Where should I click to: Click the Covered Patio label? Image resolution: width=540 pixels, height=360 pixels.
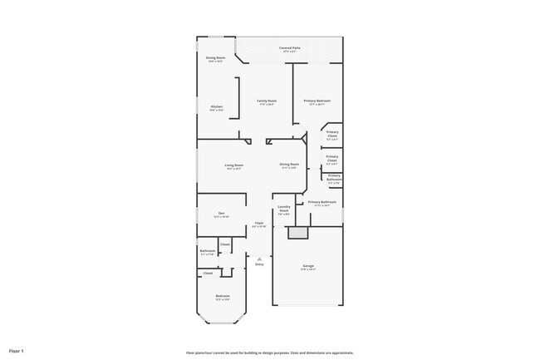pos(290,49)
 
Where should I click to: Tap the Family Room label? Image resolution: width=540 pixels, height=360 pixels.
pos(267,101)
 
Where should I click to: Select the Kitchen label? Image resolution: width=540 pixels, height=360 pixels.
pos(216,107)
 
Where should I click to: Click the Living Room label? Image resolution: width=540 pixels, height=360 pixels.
pos(233,165)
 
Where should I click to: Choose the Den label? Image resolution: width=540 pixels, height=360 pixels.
pos(221,214)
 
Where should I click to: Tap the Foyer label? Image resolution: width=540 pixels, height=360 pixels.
pos(259,224)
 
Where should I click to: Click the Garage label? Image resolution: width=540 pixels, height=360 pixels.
pos(308,266)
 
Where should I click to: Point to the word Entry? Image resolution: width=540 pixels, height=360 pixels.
pos(259,264)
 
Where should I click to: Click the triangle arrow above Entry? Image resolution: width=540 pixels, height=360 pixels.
pos(259,258)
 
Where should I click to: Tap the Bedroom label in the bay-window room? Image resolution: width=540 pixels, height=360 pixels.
pos(223,296)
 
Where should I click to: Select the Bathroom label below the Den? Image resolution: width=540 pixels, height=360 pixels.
pos(208,251)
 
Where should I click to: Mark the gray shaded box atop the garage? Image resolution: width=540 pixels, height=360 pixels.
pos(297,234)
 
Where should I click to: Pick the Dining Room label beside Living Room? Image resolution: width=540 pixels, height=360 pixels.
pos(289,165)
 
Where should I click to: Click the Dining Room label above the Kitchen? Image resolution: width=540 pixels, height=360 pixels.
pos(215,58)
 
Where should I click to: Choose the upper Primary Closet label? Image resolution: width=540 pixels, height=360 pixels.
pos(332,133)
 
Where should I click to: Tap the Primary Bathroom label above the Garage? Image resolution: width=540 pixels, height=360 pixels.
pos(322,203)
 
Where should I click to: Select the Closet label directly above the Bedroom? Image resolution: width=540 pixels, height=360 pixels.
pos(208,273)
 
